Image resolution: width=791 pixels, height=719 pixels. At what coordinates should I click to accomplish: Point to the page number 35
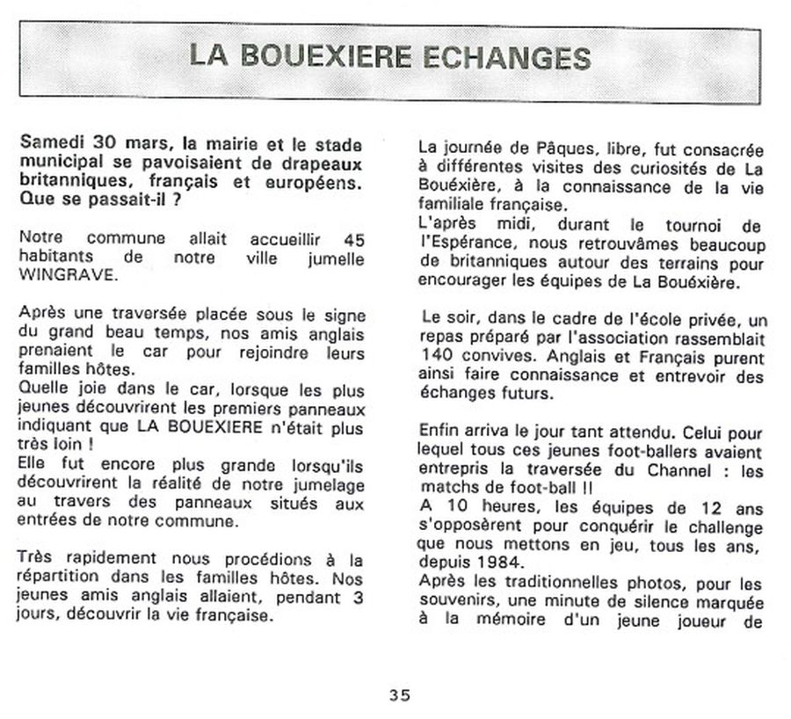[399, 694]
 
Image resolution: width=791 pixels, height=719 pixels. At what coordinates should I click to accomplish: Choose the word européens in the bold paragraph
[321, 182]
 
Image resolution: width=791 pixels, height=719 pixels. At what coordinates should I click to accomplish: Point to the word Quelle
[41, 389]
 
